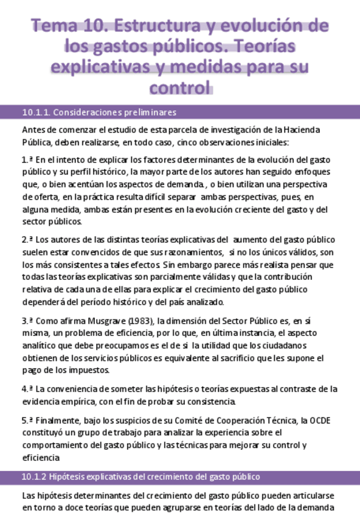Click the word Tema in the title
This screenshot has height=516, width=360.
coord(50,26)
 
